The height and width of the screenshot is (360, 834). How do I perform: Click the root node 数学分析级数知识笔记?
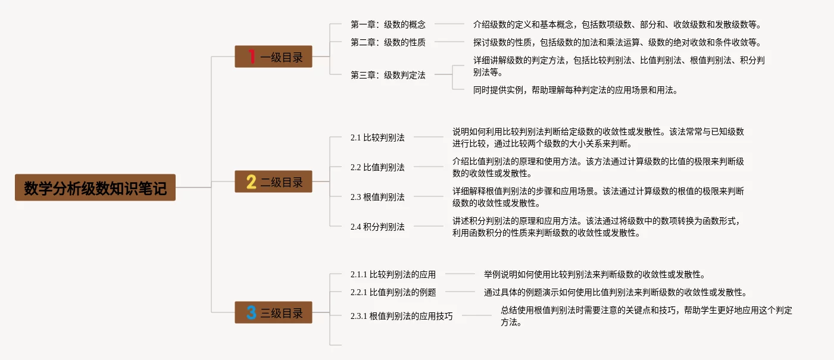pyautogui.click(x=95, y=187)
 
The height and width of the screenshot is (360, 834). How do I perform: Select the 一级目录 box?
pyautogui.click(x=273, y=57)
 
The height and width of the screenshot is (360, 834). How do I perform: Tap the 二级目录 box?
pyautogui.click(x=273, y=181)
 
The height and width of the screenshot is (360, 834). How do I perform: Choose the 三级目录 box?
pyautogui.click(x=273, y=312)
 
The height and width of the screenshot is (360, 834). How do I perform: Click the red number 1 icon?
pyautogui.click(x=252, y=57)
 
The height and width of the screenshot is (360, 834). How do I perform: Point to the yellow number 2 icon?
pyautogui.click(x=252, y=181)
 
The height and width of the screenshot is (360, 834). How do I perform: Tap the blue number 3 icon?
pyautogui.click(x=252, y=312)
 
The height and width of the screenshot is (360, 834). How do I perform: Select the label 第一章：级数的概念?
pyautogui.click(x=388, y=24)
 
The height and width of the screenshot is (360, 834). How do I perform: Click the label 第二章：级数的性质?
pyautogui.click(x=388, y=42)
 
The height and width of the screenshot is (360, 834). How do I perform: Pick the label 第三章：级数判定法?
pyautogui.click(x=388, y=75)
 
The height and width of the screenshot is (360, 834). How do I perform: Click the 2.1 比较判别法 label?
pyautogui.click(x=377, y=137)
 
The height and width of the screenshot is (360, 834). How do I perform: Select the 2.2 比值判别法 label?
pyautogui.click(x=377, y=167)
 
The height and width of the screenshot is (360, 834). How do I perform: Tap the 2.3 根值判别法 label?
pyautogui.click(x=377, y=197)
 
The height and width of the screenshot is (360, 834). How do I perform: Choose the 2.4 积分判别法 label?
pyautogui.click(x=377, y=227)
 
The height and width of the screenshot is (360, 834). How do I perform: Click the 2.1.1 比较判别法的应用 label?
pyautogui.click(x=393, y=274)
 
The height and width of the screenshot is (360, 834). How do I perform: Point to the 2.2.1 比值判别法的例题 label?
pyautogui.click(x=393, y=292)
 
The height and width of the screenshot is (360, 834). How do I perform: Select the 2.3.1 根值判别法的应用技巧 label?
pyautogui.click(x=401, y=316)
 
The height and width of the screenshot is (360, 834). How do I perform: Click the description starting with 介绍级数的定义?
pyautogui.click(x=617, y=24)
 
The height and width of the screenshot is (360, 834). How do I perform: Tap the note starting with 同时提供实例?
pyautogui.click(x=575, y=90)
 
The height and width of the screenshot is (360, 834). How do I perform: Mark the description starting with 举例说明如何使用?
pyautogui.click(x=594, y=274)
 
